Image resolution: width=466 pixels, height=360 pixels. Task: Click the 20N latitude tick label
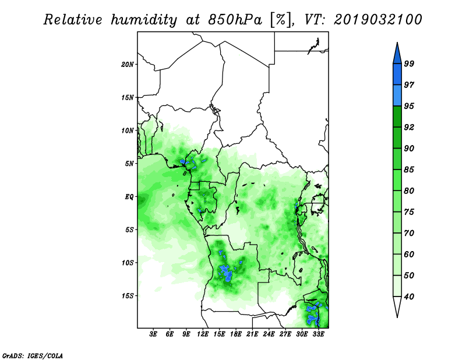click(128, 65)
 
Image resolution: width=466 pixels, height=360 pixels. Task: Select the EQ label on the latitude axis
click(129, 197)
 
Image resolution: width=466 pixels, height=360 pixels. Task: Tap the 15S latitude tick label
click(128, 296)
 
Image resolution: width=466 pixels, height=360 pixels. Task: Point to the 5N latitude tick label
click(129, 164)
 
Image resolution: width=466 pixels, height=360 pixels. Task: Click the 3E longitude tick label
click(153, 334)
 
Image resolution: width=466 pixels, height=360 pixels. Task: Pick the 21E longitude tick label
click(252, 334)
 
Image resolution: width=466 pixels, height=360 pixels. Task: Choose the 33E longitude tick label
click(318, 334)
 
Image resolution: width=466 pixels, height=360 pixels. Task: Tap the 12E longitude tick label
click(203, 334)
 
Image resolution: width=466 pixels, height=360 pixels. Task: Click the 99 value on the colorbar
click(409, 63)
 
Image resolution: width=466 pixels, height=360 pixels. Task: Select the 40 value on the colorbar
click(409, 297)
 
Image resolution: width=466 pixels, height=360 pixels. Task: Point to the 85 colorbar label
click(409, 170)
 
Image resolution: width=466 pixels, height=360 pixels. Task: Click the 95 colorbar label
click(409, 106)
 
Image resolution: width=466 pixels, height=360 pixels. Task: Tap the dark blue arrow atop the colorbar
click(397, 55)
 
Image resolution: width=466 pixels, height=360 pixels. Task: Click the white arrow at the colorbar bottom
click(397, 305)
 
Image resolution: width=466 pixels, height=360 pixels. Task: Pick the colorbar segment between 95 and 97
click(397, 96)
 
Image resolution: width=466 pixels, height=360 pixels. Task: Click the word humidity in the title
click(144, 20)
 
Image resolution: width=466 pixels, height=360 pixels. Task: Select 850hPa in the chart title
click(235, 20)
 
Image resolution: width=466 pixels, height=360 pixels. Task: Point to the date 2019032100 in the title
click(377, 20)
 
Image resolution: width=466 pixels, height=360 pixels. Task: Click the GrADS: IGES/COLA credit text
click(33, 355)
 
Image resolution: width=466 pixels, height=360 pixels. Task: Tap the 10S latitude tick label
click(128, 263)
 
